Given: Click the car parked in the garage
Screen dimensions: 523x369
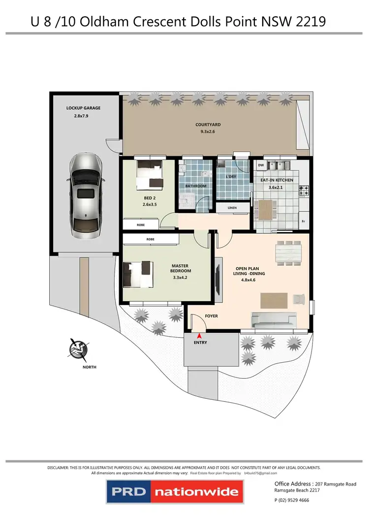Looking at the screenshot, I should pos(85,194).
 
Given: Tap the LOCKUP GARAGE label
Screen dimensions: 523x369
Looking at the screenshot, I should pos(84,107).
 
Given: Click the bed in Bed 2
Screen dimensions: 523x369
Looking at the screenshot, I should pos(150,175).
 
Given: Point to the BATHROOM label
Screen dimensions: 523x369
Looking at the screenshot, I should pos(195,186).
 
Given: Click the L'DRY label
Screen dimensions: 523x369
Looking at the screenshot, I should pos(231,176).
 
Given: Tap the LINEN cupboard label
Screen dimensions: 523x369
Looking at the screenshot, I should pos(232,208).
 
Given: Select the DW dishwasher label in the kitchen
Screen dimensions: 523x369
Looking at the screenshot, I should pos(261,165).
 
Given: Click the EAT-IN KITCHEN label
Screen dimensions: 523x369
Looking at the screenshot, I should pos(277,180).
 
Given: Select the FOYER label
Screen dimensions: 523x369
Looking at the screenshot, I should pos(211,316).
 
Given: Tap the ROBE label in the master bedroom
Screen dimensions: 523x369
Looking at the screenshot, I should pos(150,239).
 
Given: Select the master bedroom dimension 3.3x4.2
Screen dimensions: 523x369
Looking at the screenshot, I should pos(181,277).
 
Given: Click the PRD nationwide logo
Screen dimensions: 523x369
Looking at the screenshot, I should pos(174,491).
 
